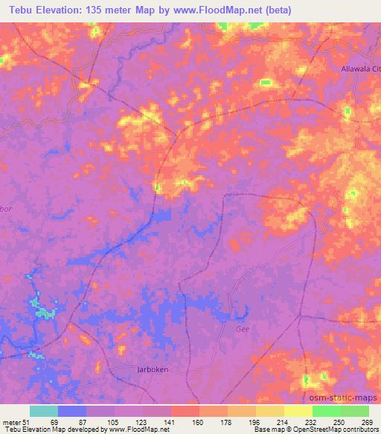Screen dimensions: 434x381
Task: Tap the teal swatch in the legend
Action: [x=44, y=411]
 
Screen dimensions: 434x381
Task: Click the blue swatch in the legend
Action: [x=72, y=411]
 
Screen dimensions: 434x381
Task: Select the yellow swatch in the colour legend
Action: [x=298, y=411]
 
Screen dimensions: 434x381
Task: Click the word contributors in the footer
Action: [x=361, y=430]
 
